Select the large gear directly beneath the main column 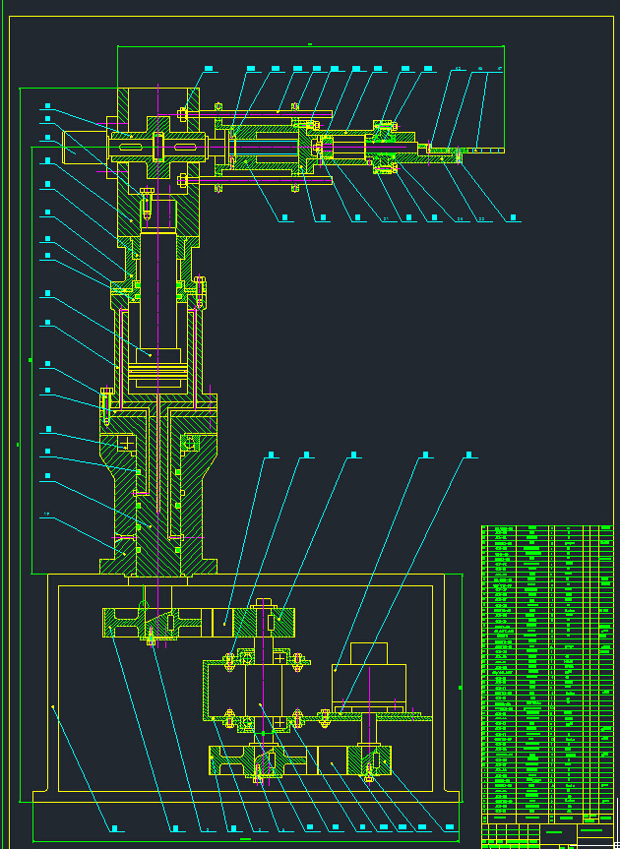(x=157, y=622)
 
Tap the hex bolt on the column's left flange (x=105, y=400)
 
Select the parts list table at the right (x=546, y=669)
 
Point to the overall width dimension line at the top (x=310, y=45)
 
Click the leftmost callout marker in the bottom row (x=115, y=828)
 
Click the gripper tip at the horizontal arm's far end (x=482, y=151)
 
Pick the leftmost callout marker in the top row (x=210, y=68)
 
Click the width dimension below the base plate (x=246, y=839)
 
